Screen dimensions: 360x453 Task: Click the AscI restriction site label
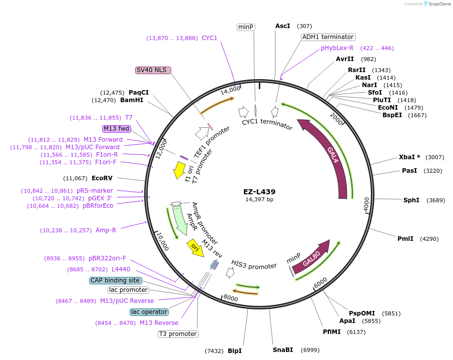click(283, 26)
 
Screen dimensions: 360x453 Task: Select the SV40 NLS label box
click(153, 70)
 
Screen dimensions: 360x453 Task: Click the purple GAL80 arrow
click(312, 258)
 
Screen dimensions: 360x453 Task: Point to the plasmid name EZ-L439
click(259, 191)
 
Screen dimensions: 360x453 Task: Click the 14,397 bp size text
click(259, 199)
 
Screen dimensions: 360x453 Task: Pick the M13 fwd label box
click(117, 129)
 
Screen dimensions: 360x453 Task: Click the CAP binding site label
click(115, 280)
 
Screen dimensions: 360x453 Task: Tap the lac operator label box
click(149, 312)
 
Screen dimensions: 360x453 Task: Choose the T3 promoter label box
click(178, 334)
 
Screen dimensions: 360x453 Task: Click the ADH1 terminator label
click(328, 37)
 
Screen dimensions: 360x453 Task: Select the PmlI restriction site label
click(405, 238)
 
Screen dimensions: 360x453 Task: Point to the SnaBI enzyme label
click(283, 349)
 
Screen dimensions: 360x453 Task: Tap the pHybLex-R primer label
click(337, 48)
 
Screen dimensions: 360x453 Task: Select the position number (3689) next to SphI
click(435, 200)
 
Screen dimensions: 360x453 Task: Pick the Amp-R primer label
click(106, 230)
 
